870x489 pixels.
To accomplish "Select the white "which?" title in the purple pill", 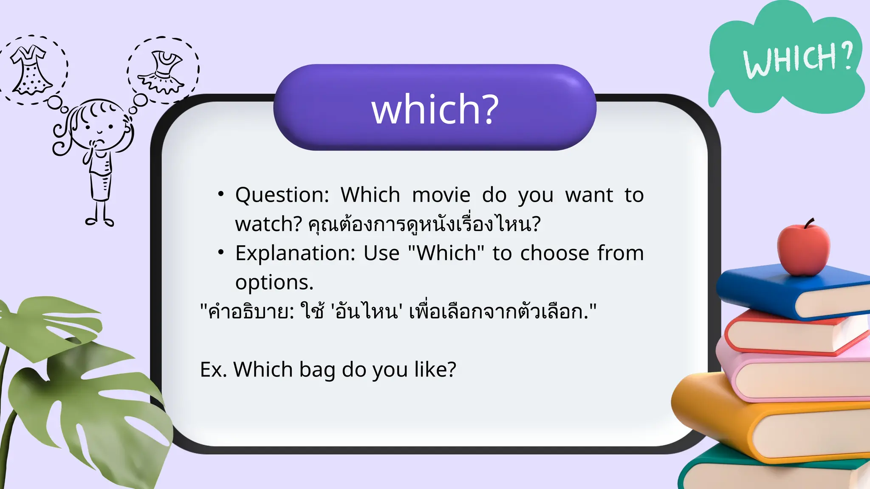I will tap(435, 109).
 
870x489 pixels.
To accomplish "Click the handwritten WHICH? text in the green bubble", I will tap(798, 59).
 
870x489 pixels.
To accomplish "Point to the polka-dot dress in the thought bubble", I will tap(31, 70).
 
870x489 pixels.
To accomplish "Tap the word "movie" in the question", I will tap(441, 195).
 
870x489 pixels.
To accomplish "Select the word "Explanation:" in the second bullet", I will tap(295, 253).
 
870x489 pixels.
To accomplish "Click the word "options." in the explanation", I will tap(274, 283).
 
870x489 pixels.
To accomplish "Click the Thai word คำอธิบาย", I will tap(249, 312).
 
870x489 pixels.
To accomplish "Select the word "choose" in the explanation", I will tap(555, 253).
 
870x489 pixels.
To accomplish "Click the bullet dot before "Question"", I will tap(220, 194).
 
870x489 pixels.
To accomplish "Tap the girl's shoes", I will tap(99, 221).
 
